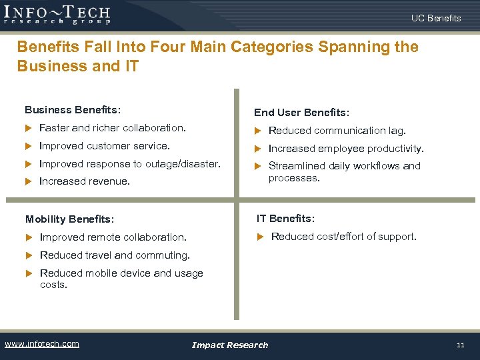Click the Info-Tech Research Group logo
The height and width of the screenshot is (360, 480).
(x=57, y=14)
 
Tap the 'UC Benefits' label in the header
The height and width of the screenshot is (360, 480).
(x=436, y=18)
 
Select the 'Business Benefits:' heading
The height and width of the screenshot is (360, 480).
(x=73, y=109)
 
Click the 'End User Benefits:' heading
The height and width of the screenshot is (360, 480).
(x=301, y=113)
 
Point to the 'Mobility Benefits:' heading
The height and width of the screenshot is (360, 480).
(x=69, y=219)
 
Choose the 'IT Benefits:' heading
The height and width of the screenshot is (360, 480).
(x=286, y=218)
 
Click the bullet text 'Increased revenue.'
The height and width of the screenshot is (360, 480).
(x=85, y=181)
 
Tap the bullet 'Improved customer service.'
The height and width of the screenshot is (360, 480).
(x=105, y=146)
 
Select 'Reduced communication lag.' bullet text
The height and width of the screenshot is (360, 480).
(x=337, y=131)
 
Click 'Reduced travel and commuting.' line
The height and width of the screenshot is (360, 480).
(x=115, y=255)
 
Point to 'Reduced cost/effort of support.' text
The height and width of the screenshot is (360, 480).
(x=343, y=237)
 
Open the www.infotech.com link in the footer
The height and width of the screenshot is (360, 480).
(x=41, y=344)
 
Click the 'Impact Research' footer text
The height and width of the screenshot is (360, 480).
(x=229, y=345)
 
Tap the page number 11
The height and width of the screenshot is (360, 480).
(x=460, y=345)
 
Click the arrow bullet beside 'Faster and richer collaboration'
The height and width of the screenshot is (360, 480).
(x=29, y=128)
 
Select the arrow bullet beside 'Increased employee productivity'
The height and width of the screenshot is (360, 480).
(x=258, y=149)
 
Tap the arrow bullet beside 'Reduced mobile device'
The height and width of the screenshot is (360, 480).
(x=29, y=273)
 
